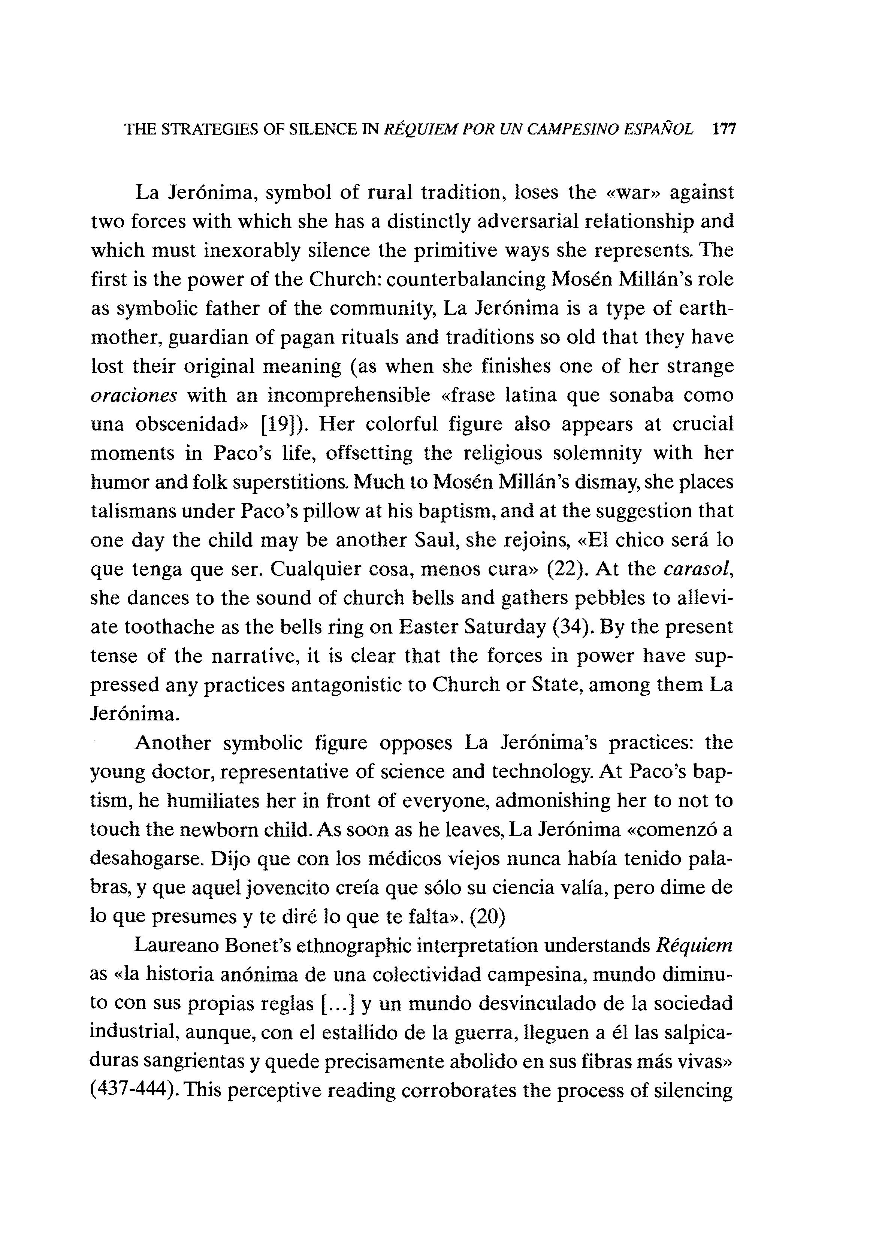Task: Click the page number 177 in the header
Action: click(x=724, y=130)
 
